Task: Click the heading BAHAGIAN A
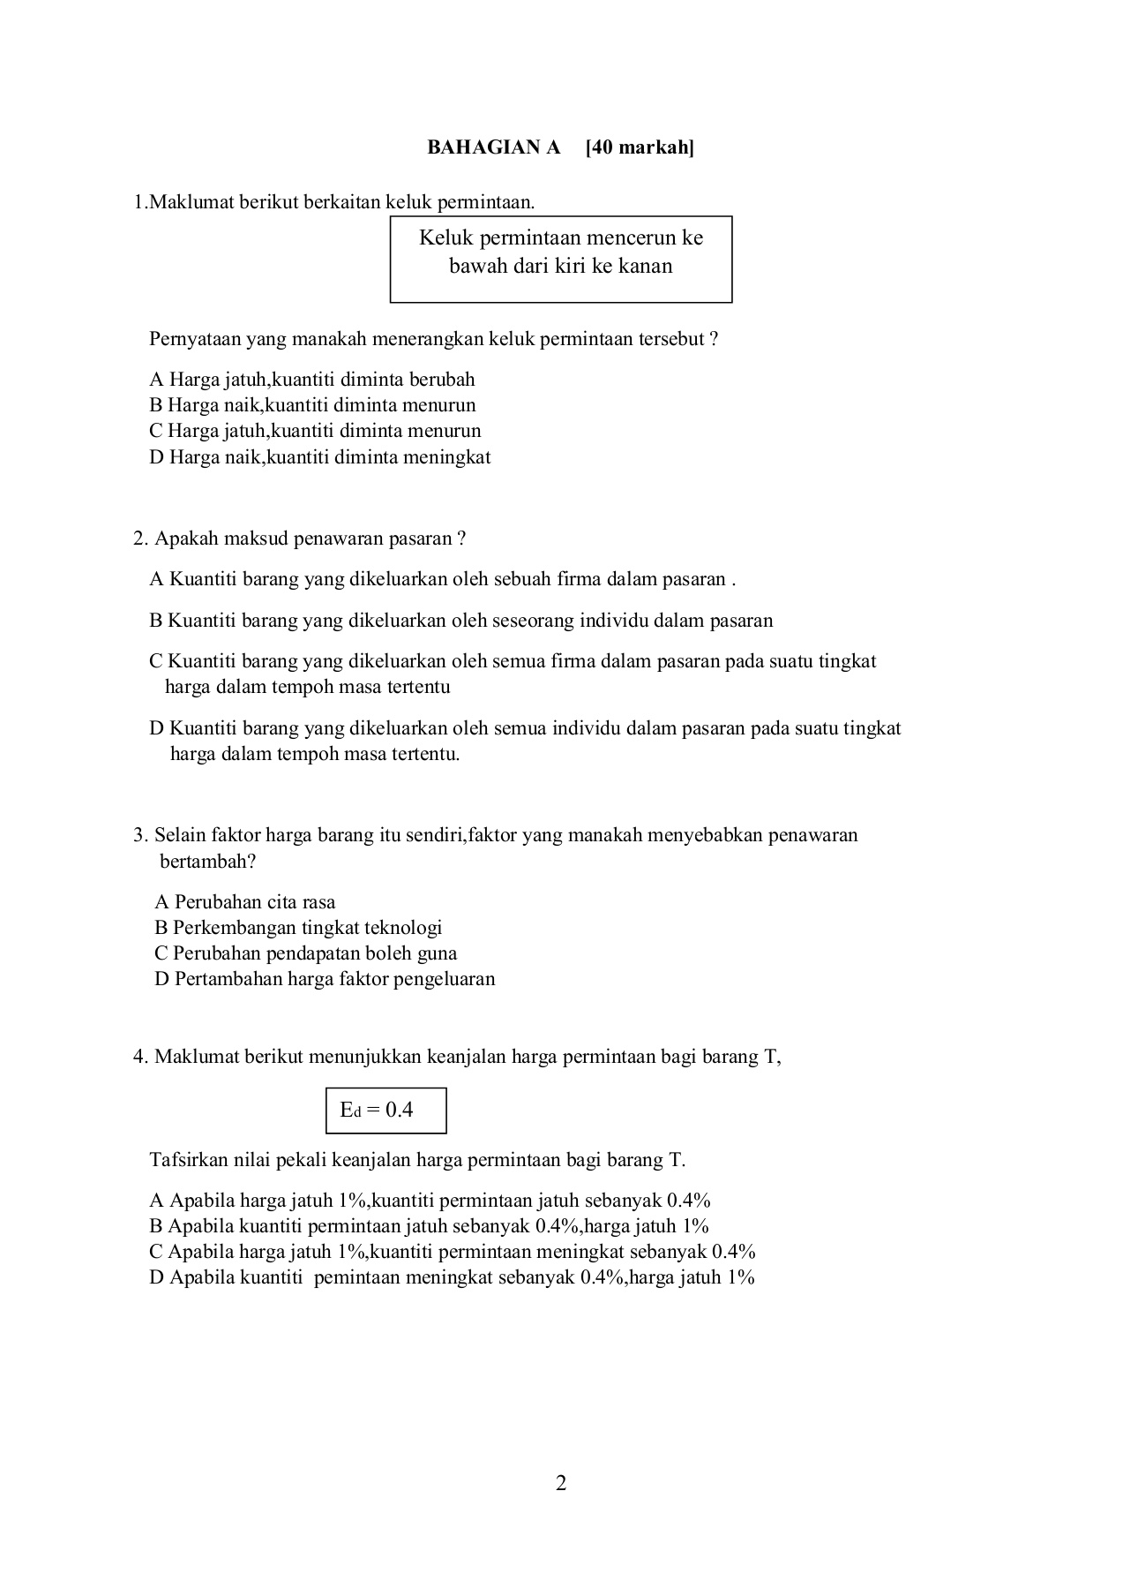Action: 493,147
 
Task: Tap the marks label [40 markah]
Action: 640,147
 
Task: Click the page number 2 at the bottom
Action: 561,1483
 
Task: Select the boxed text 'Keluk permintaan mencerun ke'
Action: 561,238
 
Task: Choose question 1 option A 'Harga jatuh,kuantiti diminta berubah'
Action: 312,380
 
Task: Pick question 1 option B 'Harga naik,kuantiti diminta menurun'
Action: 312,405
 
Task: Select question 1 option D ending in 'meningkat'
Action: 319,457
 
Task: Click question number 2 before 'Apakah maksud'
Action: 139,538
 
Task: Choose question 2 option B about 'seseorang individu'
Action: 460,621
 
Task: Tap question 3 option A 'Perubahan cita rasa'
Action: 245,902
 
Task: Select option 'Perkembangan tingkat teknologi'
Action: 298,928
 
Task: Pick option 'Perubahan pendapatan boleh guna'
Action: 305,953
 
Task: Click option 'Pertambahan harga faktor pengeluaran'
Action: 325,979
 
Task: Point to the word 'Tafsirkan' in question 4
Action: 185,1160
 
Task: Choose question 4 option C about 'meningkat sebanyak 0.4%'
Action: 452,1252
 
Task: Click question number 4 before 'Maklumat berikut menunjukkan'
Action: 139,1057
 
